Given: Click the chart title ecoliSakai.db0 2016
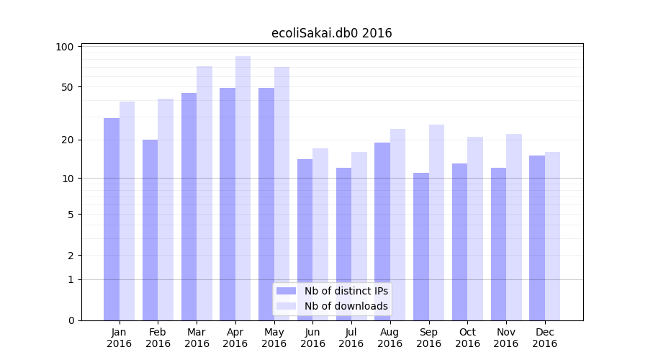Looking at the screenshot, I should pyautogui.click(x=331, y=33).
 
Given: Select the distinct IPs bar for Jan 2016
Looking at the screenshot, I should pyautogui.click(x=112, y=219).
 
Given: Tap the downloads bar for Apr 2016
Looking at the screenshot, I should pyautogui.click(x=243, y=188).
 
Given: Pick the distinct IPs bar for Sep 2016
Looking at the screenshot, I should pyautogui.click(x=421, y=246).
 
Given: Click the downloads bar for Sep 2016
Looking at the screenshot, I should pyautogui.click(x=436, y=222).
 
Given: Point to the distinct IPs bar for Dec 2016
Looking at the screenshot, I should pyautogui.click(x=537, y=238).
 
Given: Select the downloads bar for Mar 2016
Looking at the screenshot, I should pyautogui.click(x=204, y=193).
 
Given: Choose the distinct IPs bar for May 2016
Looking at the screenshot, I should pyautogui.click(x=266, y=204).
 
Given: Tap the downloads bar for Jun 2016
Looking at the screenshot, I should pyautogui.click(x=320, y=234).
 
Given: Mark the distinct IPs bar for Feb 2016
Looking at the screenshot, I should pyautogui.click(x=150, y=230).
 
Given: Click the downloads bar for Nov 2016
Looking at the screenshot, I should pyautogui.click(x=513, y=227).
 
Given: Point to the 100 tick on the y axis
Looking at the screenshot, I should pyautogui.click(x=65, y=47).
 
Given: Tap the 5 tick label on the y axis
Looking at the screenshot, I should pyautogui.click(x=71, y=215).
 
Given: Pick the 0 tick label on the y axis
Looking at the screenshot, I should pyautogui.click(x=71, y=320).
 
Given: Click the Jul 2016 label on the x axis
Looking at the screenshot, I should pyautogui.click(x=351, y=338).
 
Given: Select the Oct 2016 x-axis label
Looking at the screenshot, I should pyautogui.click(x=467, y=338).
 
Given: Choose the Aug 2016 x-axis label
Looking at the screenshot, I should pyautogui.click(x=390, y=338).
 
